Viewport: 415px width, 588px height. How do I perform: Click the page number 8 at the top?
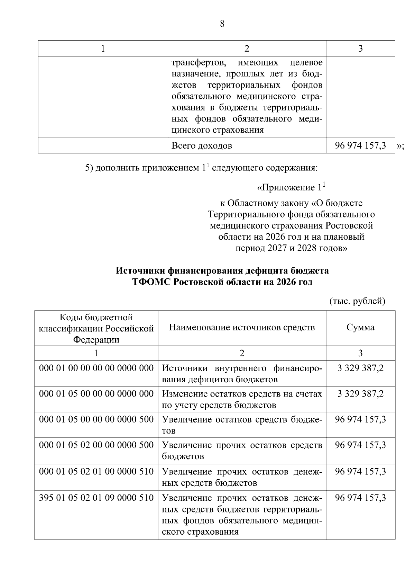222,24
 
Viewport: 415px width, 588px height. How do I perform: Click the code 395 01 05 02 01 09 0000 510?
96,498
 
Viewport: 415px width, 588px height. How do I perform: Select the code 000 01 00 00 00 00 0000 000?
96,368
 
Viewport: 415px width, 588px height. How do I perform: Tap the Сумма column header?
360,328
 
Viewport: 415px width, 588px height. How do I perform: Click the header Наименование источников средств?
242,328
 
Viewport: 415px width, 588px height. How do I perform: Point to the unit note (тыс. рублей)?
357,301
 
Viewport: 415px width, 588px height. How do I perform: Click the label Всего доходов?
202,145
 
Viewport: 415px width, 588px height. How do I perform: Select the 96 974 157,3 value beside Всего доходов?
360,145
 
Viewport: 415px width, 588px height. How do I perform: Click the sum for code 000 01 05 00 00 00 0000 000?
360,394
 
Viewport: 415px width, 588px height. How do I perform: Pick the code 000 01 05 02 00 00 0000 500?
96,445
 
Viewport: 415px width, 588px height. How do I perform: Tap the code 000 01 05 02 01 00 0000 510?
96,471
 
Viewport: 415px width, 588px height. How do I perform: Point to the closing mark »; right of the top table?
400,146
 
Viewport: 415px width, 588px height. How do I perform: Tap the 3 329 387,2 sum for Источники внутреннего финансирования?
360,368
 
